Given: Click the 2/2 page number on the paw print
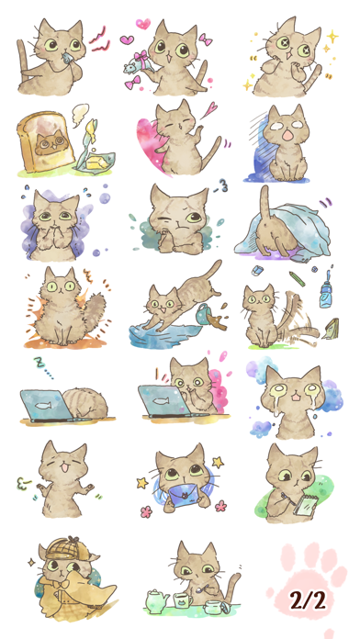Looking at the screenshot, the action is pos(308,600).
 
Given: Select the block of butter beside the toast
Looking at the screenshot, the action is pos(97,163).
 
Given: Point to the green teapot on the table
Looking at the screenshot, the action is pos(157,601).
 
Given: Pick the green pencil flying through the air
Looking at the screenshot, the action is pos(297,279).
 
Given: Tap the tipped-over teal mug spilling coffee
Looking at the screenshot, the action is pos(203,314).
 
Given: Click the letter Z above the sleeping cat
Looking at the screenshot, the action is pos(40,363).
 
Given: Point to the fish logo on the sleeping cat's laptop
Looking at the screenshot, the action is pos(45,406).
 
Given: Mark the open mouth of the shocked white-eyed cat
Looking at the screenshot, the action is pos(287,135).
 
